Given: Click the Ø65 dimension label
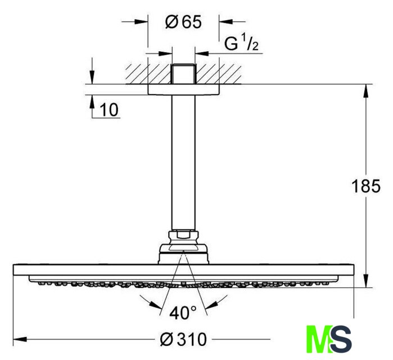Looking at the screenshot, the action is coord(183,22).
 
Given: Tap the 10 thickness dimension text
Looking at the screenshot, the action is coord(109,110).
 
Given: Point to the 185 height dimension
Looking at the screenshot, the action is coord(365,186).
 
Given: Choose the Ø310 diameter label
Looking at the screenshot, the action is coord(183,339).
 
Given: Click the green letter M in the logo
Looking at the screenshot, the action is coord(319,339).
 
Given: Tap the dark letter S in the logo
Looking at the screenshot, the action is coord(341,339).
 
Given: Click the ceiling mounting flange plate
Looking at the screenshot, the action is coord(184,89).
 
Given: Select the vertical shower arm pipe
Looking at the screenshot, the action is coord(183,163).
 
